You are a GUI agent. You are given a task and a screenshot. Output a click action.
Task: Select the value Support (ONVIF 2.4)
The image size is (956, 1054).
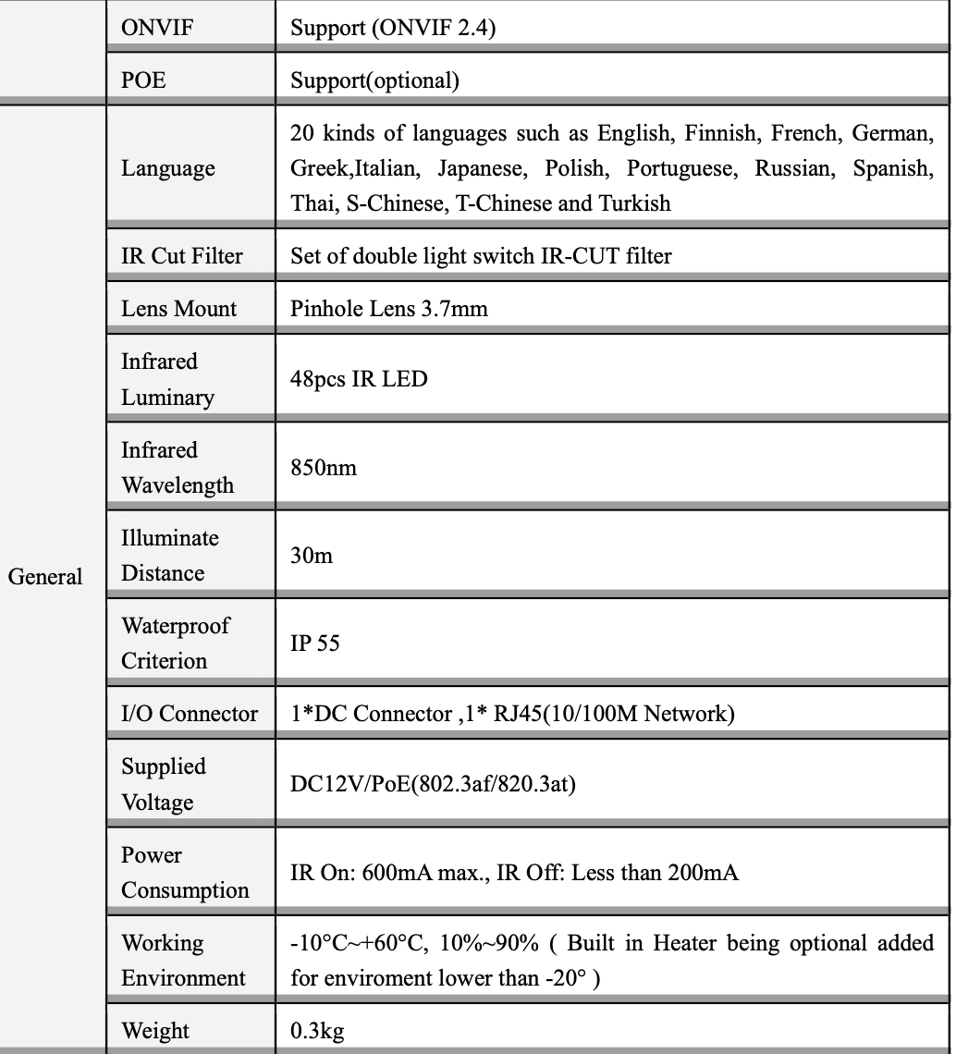pyautogui.click(x=393, y=29)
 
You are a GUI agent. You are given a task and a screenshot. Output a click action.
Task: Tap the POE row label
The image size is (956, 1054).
pyautogui.click(x=143, y=80)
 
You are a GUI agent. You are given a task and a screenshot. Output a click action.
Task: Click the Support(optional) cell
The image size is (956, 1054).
pyautogui.click(x=374, y=80)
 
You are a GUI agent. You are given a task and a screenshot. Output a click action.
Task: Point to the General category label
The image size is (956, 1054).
pyautogui.click(x=45, y=576)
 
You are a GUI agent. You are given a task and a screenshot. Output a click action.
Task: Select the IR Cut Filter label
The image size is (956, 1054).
pyautogui.click(x=182, y=256)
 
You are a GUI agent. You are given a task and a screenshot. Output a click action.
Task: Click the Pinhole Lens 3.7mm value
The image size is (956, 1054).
pyautogui.click(x=388, y=309)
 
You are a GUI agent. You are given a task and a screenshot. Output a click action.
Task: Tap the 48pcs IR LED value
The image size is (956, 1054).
pyautogui.click(x=359, y=379)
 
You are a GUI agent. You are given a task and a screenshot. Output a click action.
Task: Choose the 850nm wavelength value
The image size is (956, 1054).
pyautogui.click(x=324, y=468)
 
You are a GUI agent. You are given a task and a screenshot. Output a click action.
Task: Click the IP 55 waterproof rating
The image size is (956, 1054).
pyautogui.click(x=314, y=643)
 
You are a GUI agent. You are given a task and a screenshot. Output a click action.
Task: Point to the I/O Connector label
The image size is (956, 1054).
pyautogui.click(x=190, y=714)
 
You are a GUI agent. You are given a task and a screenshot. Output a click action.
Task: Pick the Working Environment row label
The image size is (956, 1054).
pyautogui.click(x=183, y=960)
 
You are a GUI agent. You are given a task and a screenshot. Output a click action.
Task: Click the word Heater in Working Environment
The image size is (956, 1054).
pyautogui.click(x=687, y=943)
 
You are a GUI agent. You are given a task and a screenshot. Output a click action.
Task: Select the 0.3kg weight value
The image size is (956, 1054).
pyautogui.click(x=317, y=1031)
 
